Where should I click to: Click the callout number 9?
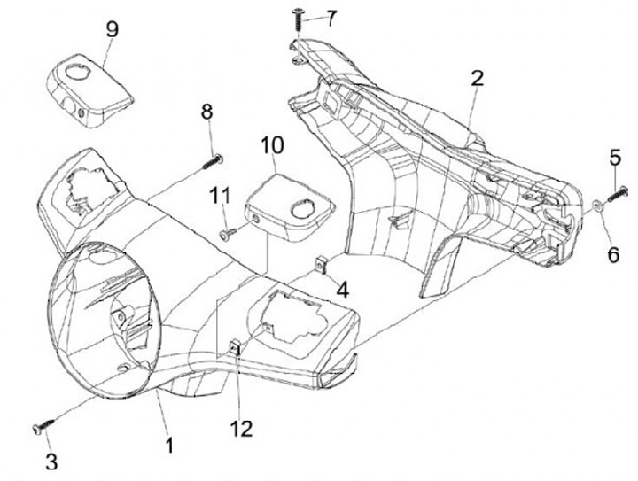click(x=112, y=28)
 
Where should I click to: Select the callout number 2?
click(x=477, y=78)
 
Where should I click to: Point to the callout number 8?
click(x=206, y=112)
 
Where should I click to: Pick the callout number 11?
click(x=219, y=193)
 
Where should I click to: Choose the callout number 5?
click(x=615, y=157)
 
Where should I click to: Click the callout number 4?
click(x=342, y=288)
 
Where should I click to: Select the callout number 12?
click(x=241, y=429)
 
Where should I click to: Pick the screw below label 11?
click(x=227, y=233)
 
